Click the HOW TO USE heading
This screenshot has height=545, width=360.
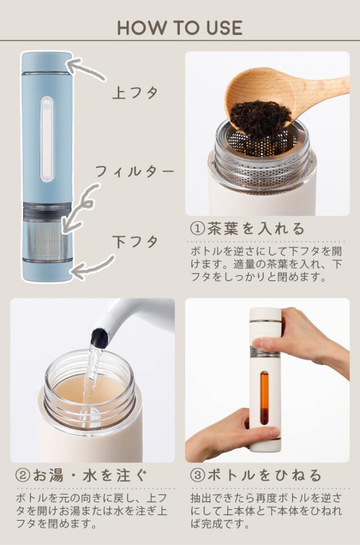[179, 28]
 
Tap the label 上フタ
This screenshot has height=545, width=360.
[135, 93]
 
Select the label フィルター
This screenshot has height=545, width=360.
[134, 172]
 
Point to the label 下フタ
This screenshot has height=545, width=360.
[135, 241]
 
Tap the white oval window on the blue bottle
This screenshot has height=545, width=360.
[47, 139]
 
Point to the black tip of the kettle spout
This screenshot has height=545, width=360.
[100, 335]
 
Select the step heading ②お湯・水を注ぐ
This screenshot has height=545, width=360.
[82, 475]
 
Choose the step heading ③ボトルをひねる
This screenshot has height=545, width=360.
[256, 475]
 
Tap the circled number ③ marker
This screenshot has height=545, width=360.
[197, 476]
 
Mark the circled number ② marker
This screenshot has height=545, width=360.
[22, 476]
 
